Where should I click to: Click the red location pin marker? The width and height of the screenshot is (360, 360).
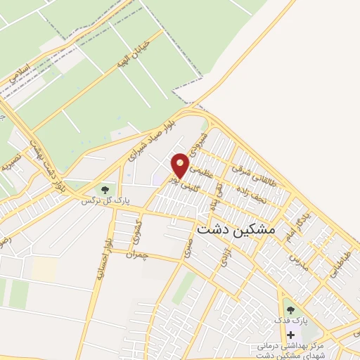181,165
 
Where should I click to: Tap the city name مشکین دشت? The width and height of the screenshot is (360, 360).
237,230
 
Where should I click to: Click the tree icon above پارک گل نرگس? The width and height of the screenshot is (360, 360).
105,189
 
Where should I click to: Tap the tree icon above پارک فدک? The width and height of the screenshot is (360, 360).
290,309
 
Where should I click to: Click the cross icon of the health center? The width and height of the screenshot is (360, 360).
291,334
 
